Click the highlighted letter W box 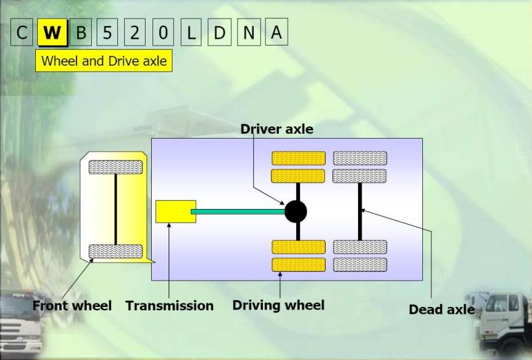pos(52,32)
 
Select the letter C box pos(21,32)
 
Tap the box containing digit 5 pos(107,32)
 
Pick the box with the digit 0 pos(164,32)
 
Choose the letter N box pos(248,32)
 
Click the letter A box pos(277,32)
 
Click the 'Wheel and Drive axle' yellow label pos(104,61)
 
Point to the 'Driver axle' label pos(277,129)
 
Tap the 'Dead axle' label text pos(442,310)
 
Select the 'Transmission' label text pos(170,306)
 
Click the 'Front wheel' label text pos(72,306)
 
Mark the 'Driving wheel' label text pos(279,305)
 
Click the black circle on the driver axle pos(296,212)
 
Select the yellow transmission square pos(176,212)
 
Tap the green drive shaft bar pos(238,212)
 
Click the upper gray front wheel pos(116,167)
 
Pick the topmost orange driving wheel pos(299,159)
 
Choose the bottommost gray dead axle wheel pos(360,265)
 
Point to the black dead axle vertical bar pos(360,212)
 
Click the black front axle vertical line pos(116,210)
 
